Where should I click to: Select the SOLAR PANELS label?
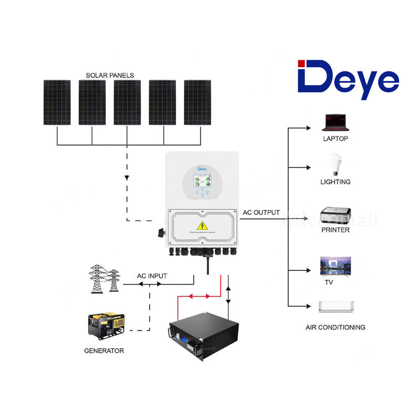click(110, 75)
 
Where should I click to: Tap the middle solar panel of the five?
click(127, 102)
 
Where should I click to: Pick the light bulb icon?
click(334, 164)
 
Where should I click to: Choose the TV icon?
click(335, 267)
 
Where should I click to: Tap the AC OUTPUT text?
click(261, 213)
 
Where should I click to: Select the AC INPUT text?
click(152, 276)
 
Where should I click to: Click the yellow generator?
click(106, 327)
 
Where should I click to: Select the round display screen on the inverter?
click(202, 183)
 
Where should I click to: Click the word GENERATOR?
click(104, 350)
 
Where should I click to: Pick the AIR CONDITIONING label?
click(335, 327)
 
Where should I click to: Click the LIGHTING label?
click(335, 182)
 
